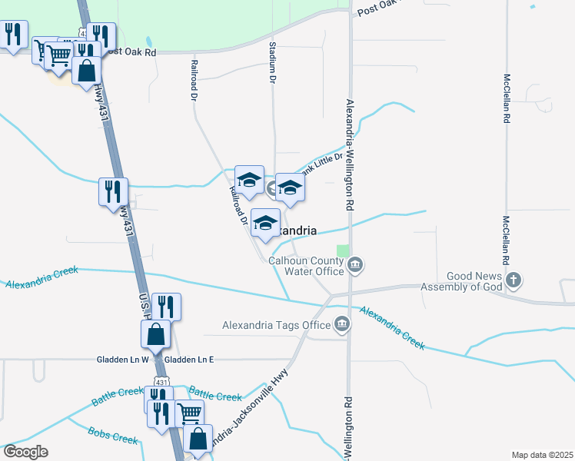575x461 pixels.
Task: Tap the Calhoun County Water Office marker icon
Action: (x=355, y=267)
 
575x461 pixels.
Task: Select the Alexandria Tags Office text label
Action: (x=276, y=325)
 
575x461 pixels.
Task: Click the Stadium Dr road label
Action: (x=272, y=63)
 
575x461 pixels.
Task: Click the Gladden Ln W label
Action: (x=122, y=359)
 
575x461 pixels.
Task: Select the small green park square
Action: (x=342, y=250)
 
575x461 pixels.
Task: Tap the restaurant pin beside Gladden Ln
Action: (x=166, y=307)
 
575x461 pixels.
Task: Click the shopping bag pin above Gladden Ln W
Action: (x=155, y=334)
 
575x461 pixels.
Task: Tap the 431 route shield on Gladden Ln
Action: (x=157, y=359)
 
